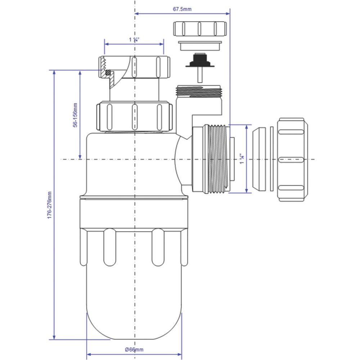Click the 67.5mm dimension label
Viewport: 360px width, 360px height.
coord(182,9)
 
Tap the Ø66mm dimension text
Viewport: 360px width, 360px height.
coord(134,350)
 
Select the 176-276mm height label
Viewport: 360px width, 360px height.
coord(50,205)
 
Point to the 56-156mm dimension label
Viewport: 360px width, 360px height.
coord(75,115)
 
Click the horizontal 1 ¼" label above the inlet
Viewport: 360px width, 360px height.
coord(134,40)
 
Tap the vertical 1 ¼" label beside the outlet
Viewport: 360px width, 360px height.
coord(242,159)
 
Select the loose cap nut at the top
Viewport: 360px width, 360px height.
coord(200,29)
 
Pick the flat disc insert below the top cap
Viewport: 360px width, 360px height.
coord(200,46)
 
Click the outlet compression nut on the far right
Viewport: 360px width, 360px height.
coord(292,159)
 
